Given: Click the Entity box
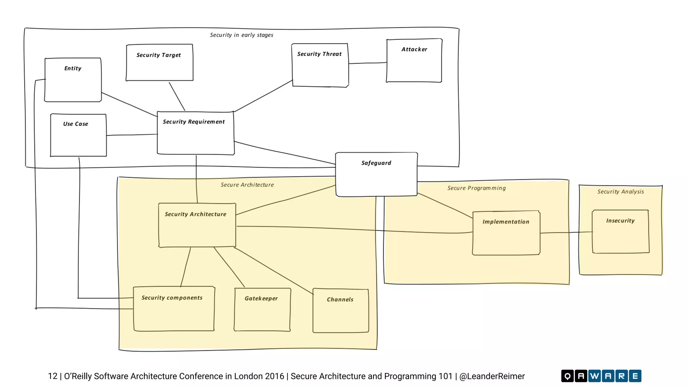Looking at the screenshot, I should [x=73, y=80].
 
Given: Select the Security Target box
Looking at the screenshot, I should [x=160, y=62].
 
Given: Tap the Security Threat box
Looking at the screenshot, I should [x=320, y=65].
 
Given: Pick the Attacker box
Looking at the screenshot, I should [x=414, y=60].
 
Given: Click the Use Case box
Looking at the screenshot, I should [x=78, y=135].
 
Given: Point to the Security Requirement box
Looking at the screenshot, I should [x=196, y=133].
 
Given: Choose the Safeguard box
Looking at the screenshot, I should [x=376, y=174].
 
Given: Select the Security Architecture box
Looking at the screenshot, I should [x=197, y=225].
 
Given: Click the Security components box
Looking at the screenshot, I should [x=174, y=309].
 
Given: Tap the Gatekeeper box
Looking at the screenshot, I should [x=262, y=309].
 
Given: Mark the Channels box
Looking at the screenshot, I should [x=341, y=310].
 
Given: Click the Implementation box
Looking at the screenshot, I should [x=506, y=233].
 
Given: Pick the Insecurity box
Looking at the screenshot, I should [x=620, y=231].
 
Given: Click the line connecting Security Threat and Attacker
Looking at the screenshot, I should [x=368, y=63].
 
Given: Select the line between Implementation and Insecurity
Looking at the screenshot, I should [x=566, y=232].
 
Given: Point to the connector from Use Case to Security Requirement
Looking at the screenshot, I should [x=132, y=135].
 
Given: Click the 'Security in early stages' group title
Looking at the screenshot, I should [x=242, y=35].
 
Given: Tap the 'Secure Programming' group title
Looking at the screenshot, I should [x=476, y=188].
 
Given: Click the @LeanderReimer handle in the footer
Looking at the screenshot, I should [x=492, y=376].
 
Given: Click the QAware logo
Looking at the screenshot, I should [x=601, y=376].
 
